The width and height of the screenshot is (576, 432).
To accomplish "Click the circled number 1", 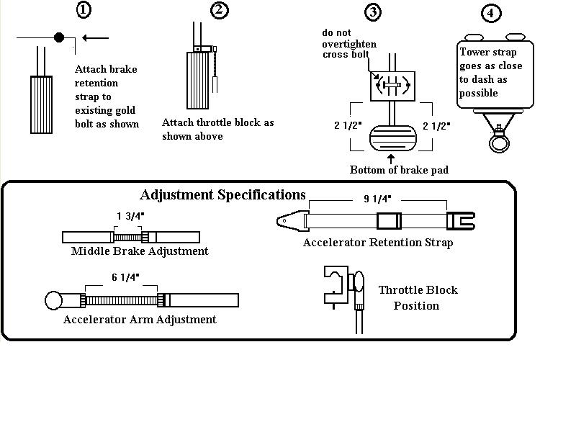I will pyautogui.click(x=84, y=11).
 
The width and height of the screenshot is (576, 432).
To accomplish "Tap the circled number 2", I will pyautogui.click(x=220, y=10).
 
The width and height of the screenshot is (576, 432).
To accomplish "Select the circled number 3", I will pyautogui.click(x=373, y=12).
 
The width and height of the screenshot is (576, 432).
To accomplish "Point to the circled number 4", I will pyautogui.click(x=490, y=14).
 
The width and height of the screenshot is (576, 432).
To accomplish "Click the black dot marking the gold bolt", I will pyautogui.click(x=59, y=37).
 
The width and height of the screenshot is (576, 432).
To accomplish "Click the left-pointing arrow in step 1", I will pyautogui.click(x=96, y=37).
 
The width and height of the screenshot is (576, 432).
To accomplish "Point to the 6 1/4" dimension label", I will pyautogui.click(x=125, y=277).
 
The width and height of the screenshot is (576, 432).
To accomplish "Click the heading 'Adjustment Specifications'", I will pyautogui.click(x=222, y=195).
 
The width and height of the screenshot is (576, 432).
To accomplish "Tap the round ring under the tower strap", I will pyautogui.click(x=498, y=143).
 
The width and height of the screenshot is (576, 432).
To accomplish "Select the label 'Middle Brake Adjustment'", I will pyautogui.click(x=140, y=251).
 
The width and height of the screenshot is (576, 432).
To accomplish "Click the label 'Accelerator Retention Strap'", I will pyautogui.click(x=377, y=243).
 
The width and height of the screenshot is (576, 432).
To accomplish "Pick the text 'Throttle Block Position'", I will pyautogui.click(x=418, y=297).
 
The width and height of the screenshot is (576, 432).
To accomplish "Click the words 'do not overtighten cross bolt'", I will pyautogui.click(x=349, y=44).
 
